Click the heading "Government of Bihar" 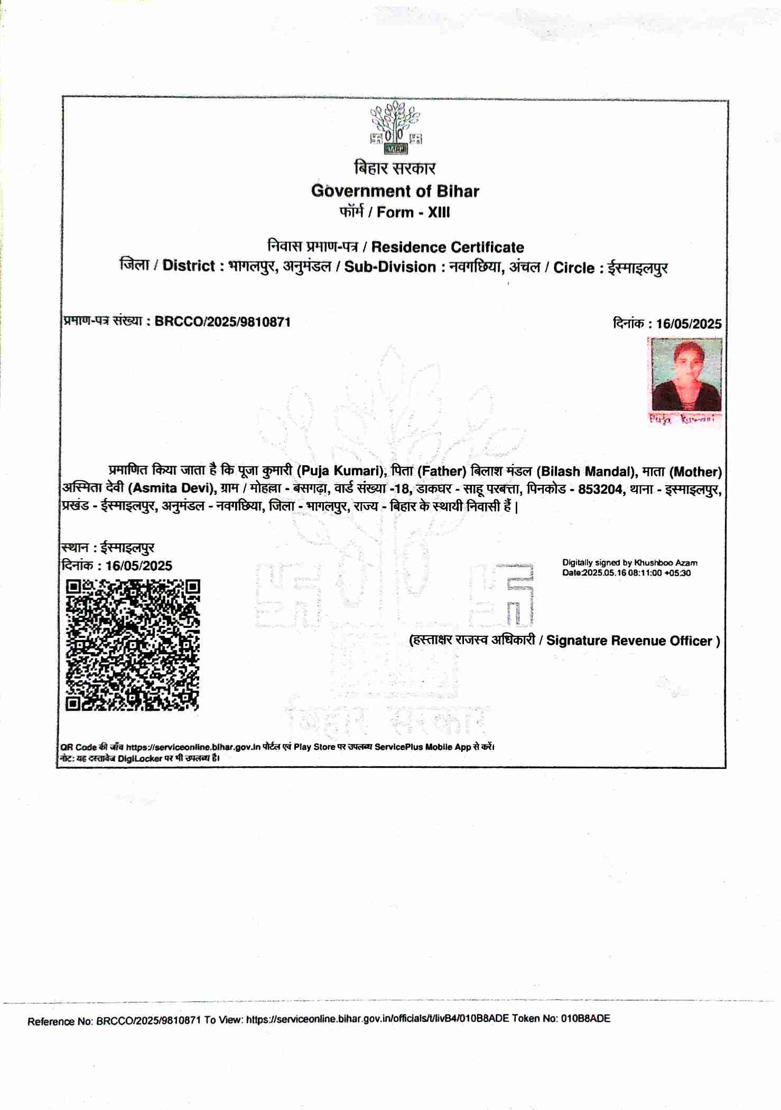pyautogui.click(x=395, y=191)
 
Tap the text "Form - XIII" pyautogui.click(x=413, y=212)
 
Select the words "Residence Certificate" pyautogui.click(x=448, y=247)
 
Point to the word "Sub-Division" pyautogui.click(x=390, y=267)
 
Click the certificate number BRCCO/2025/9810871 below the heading pyautogui.click(x=222, y=322)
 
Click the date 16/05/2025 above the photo pyautogui.click(x=689, y=324)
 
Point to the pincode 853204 pyautogui.click(x=600, y=488)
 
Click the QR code pyautogui.click(x=133, y=644)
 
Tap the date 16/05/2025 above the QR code pyautogui.click(x=138, y=566)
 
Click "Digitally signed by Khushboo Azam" pyautogui.click(x=629, y=563)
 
